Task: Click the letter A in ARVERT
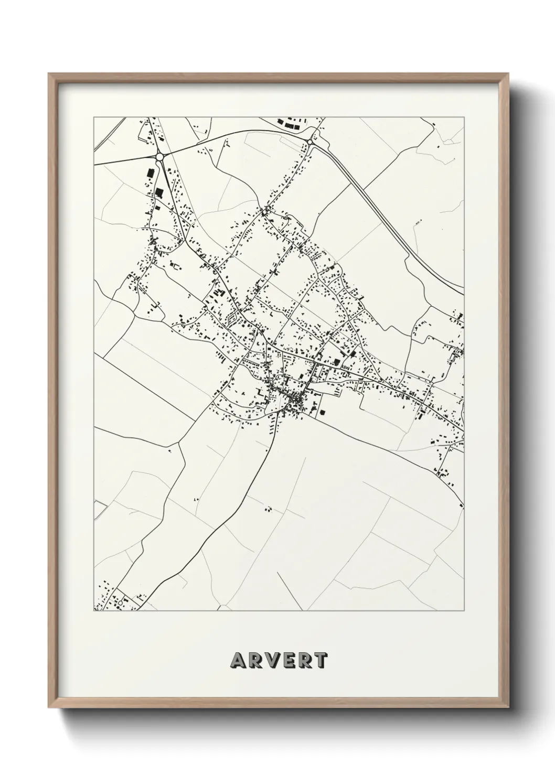(x=237, y=661)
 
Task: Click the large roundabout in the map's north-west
(x=159, y=156)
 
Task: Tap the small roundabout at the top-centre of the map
(x=311, y=142)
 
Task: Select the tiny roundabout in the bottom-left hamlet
(x=120, y=603)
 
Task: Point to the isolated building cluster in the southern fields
(x=268, y=508)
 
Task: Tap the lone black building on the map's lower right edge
(x=462, y=506)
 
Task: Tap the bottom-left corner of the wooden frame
(x=50, y=708)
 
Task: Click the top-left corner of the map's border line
(x=94, y=117)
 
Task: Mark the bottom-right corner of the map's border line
(x=464, y=611)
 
